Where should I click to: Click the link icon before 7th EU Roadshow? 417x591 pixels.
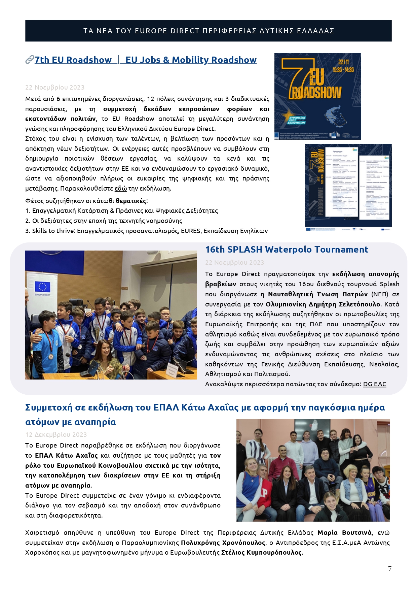tap(30, 60)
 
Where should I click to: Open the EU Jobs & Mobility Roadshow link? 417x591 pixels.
tap(191, 60)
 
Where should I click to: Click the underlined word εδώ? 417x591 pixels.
tap(121, 189)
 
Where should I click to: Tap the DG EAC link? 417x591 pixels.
tap(375, 384)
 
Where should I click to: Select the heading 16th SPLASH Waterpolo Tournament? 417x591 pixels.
tap(287, 250)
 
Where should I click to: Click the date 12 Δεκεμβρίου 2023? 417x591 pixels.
tap(56, 435)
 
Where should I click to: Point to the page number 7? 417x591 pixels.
tap(390, 569)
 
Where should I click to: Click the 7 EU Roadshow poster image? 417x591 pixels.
tap(317, 96)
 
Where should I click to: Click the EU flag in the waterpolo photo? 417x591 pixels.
tap(43, 287)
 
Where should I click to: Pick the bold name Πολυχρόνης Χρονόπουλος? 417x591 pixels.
tap(223, 543)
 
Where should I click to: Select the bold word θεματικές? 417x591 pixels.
tap(131, 201)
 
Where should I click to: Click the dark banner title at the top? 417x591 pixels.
tap(208, 31)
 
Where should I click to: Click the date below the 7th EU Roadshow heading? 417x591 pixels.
tap(55, 88)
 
